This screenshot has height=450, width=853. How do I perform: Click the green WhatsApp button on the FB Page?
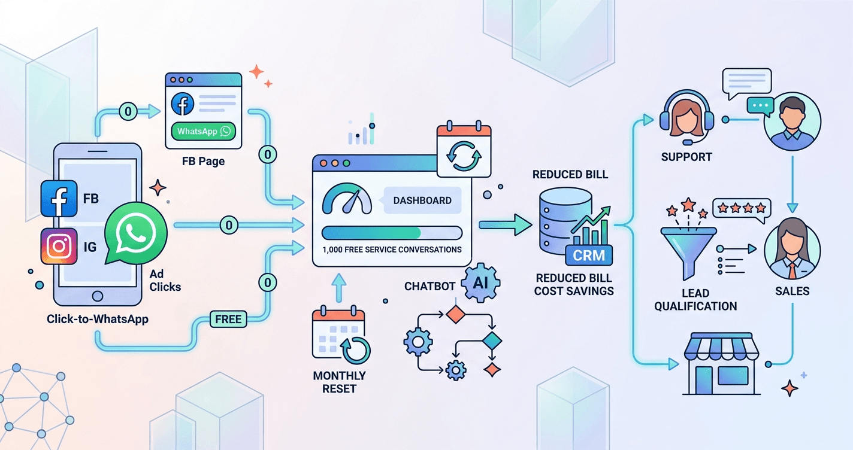coord(203,132)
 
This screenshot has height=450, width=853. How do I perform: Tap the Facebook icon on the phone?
coord(59,199)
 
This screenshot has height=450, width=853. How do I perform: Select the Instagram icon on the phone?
coord(59,246)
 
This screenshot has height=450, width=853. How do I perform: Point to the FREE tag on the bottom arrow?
coord(228,319)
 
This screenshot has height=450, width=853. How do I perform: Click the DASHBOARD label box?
coord(422,200)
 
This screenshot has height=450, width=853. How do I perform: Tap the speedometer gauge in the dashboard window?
coord(347,202)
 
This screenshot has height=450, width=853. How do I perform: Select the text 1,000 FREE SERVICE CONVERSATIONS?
coord(392,249)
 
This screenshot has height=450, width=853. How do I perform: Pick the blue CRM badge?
coord(589,256)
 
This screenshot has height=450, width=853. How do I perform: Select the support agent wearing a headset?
coord(686,117)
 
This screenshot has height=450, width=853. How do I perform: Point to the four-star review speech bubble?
coord(742,208)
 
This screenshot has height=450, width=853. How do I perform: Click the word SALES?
coord(791,291)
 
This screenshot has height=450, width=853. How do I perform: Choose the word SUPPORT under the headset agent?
coord(686,157)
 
